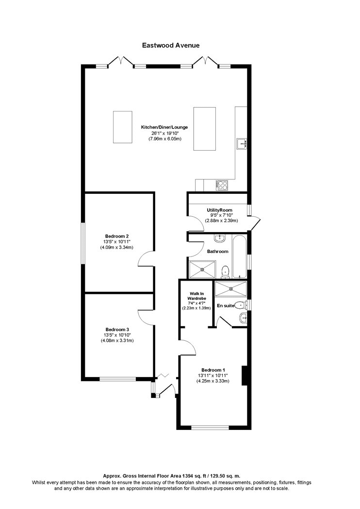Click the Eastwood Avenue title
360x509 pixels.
click(171, 46)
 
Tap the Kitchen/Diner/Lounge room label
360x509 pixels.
click(164, 127)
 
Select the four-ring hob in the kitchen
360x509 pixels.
click(222, 185)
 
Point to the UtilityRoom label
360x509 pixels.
click(219, 210)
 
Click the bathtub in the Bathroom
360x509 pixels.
click(239, 256)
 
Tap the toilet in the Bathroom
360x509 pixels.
click(225, 272)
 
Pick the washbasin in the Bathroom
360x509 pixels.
click(220, 239)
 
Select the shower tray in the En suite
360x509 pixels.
click(231, 289)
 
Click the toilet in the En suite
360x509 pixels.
click(241, 305)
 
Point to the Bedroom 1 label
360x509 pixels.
click(213, 370)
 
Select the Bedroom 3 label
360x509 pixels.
click(117, 330)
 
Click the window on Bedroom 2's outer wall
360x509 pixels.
click(82, 243)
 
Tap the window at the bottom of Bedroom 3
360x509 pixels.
click(117, 379)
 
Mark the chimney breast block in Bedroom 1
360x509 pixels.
click(245, 376)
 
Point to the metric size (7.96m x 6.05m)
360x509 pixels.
click(164, 139)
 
